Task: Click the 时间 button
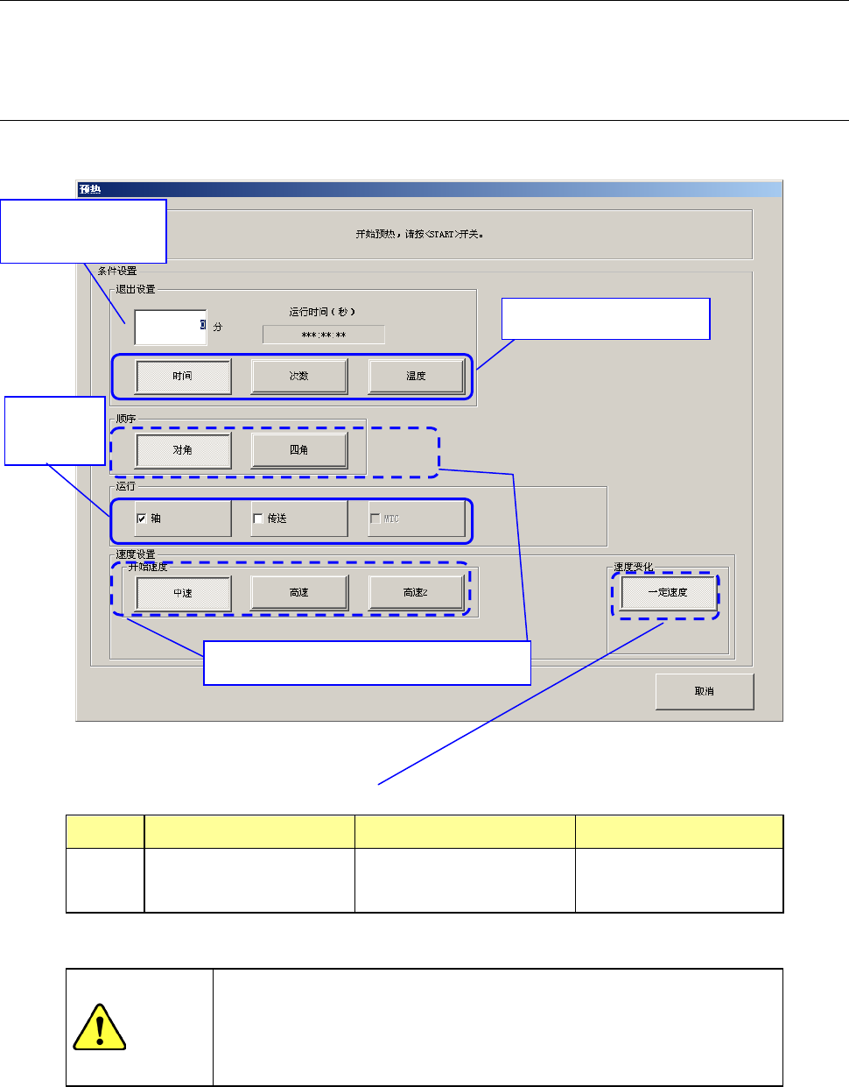pos(183,377)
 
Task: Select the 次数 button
pos(299,377)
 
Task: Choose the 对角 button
pos(183,450)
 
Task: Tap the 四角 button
pos(299,450)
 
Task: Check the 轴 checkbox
pos(141,519)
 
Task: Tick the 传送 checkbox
pos(258,519)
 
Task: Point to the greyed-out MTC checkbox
pos(375,519)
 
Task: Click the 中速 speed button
pos(183,593)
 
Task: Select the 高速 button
pos(299,593)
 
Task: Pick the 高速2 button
pos(416,593)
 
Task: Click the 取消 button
pos(705,691)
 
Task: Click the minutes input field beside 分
pos(170,327)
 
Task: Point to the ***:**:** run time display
pos(323,335)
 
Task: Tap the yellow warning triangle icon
pos(100,1027)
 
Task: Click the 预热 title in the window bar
pos(90,189)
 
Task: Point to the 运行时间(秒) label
pos(322,312)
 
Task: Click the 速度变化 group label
pos(634,568)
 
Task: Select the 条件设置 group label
pos(117,271)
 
